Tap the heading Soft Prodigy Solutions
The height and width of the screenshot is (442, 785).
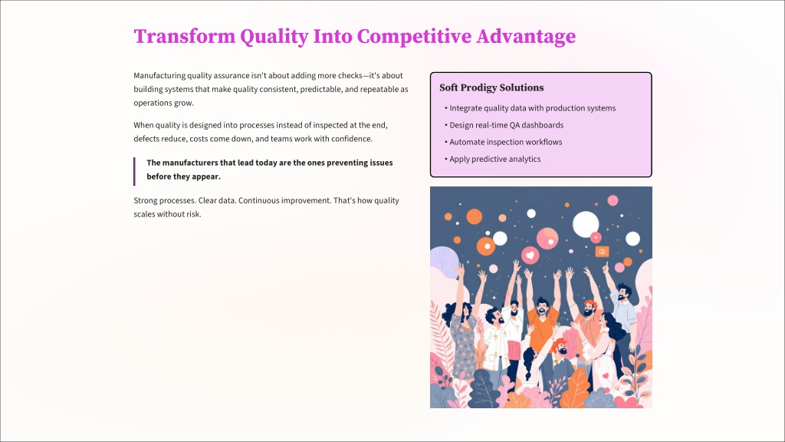point(491,87)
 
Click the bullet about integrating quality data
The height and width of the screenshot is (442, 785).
point(530,108)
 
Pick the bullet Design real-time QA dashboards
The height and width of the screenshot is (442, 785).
point(504,125)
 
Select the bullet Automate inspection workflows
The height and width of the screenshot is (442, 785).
point(503,142)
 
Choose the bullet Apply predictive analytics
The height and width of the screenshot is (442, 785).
point(493,160)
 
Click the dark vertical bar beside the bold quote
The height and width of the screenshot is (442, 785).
point(134,171)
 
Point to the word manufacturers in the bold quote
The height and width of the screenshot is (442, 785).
point(190,163)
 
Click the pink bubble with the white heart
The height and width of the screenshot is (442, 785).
point(530,255)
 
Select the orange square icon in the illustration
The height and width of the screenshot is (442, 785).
point(603,252)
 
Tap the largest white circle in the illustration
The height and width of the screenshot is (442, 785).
point(585,224)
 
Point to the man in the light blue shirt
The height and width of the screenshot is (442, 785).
point(622,315)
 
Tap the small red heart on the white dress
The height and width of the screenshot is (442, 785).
point(606,376)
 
